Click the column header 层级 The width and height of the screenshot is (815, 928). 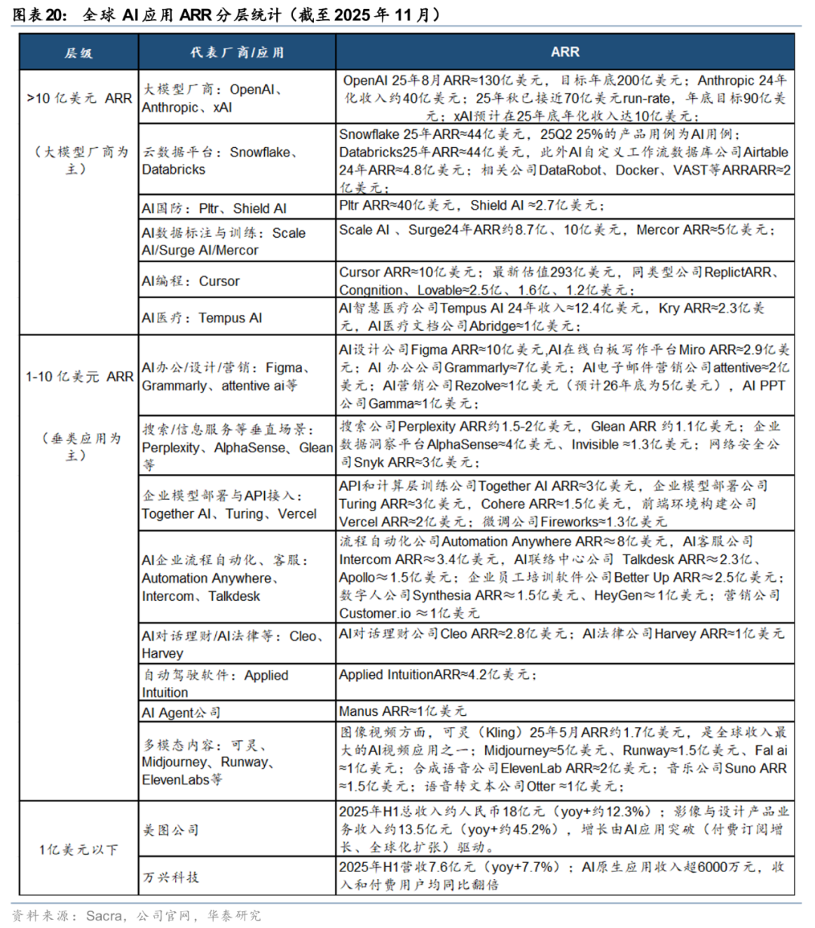point(78,52)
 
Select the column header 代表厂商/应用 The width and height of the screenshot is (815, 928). point(237,52)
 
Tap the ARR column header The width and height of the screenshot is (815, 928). point(564,52)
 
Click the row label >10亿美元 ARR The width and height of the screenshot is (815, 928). point(78,98)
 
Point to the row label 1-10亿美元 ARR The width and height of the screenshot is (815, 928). point(78,377)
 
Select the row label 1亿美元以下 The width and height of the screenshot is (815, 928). point(78,849)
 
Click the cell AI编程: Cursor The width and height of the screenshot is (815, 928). point(191,281)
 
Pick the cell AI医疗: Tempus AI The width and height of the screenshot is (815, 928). point(201,318)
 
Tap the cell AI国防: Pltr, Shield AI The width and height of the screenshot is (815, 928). point(214,208)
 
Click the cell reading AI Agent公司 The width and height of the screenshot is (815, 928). point(181,712)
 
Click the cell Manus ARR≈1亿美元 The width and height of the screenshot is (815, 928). point(402,711)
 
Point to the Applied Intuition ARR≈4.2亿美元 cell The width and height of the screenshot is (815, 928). point(438,674)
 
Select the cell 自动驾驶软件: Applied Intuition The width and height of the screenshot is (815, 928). point(215,683)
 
